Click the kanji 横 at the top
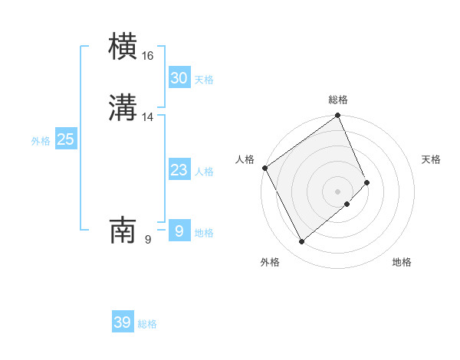tap(123, 47)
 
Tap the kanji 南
tap(123, 231)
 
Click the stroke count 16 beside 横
tap(148, 56)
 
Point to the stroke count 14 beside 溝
tap(148, 117)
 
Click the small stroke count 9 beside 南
tap(148, 240)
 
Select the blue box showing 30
tap(179, 78)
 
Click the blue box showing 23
tap(179, 170)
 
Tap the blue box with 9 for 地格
tap(179, 231)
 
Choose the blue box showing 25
tap(65, 139)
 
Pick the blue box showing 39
tap(122, 322)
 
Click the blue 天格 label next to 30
tap(204, 80)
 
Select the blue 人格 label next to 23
tap(204, 172)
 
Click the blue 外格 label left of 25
tap(41, 141)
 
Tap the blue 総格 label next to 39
tap(147, 324)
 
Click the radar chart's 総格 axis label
tap(337, 100)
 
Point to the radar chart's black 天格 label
tap(431, 159)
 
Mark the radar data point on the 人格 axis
tap(264, 168)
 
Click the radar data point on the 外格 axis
tap(301, 242)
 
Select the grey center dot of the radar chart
tap(337, 191)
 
